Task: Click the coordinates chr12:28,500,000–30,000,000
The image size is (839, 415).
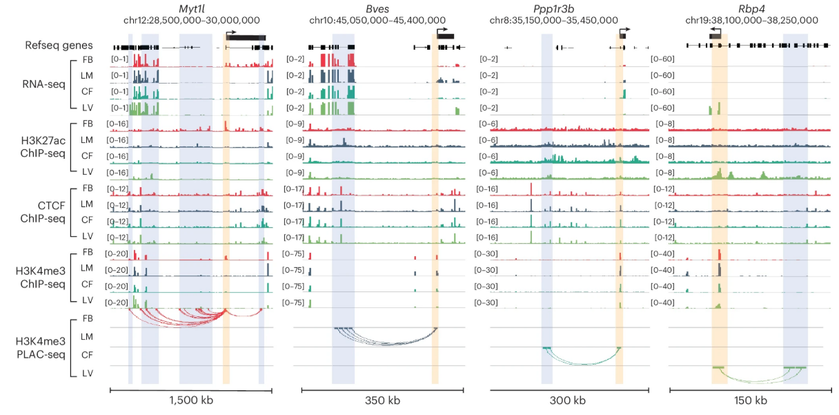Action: pyautogui.click(x=190, y=21)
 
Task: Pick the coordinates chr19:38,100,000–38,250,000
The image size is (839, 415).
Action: pyautogui.click(x=751, y=21)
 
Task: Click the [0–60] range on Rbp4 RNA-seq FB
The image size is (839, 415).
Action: pyautogui.click(x=662, y=59)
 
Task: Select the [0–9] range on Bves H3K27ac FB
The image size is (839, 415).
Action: pyautogui.click(x=296, y=124)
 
